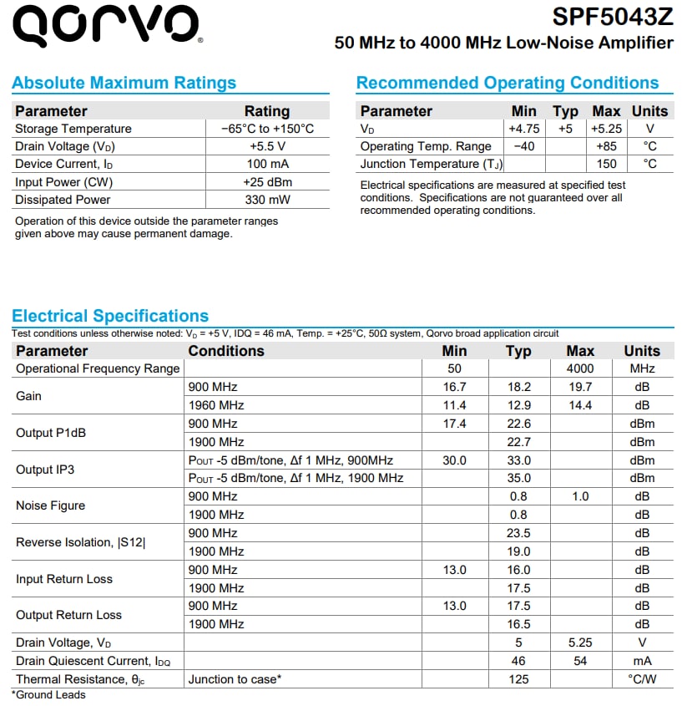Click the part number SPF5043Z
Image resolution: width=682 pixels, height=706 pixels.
[x=612, y=17]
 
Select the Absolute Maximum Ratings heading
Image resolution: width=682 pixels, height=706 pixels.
[x=124, y=83]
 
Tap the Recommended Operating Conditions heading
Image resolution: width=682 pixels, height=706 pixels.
[x=507, y=83]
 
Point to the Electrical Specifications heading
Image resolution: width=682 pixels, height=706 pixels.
[x=110, y=316]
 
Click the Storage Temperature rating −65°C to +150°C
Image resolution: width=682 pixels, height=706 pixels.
[x=267, y=129]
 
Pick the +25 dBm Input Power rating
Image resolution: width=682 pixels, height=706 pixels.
[x=267, y=182]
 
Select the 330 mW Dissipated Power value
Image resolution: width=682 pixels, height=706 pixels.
[x=267, y=200]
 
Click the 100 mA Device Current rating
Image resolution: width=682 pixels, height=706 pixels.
[x=267, y=164]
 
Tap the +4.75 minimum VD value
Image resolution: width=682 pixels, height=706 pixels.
[x=523, y=129]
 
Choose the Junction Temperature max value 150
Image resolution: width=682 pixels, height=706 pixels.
[x=606, y=164]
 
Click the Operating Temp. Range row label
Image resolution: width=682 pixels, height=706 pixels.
[x=426, y=146]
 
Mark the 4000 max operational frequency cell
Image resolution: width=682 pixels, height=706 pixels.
[x=580, y=368]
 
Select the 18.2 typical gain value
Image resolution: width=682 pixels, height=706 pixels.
[x=518, y=387]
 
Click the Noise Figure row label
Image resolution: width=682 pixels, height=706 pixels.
[x=50, y=505]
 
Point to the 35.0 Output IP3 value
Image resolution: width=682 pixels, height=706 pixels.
[x=518, y=478]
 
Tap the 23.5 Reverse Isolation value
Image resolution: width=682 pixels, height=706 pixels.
[x=518, y=533]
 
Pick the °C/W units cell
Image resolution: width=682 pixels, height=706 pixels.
[x=641, y=679]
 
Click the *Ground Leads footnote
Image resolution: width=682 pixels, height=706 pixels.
[x=48, y=694]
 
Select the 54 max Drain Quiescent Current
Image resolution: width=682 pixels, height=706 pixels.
[x=580, y=661]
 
